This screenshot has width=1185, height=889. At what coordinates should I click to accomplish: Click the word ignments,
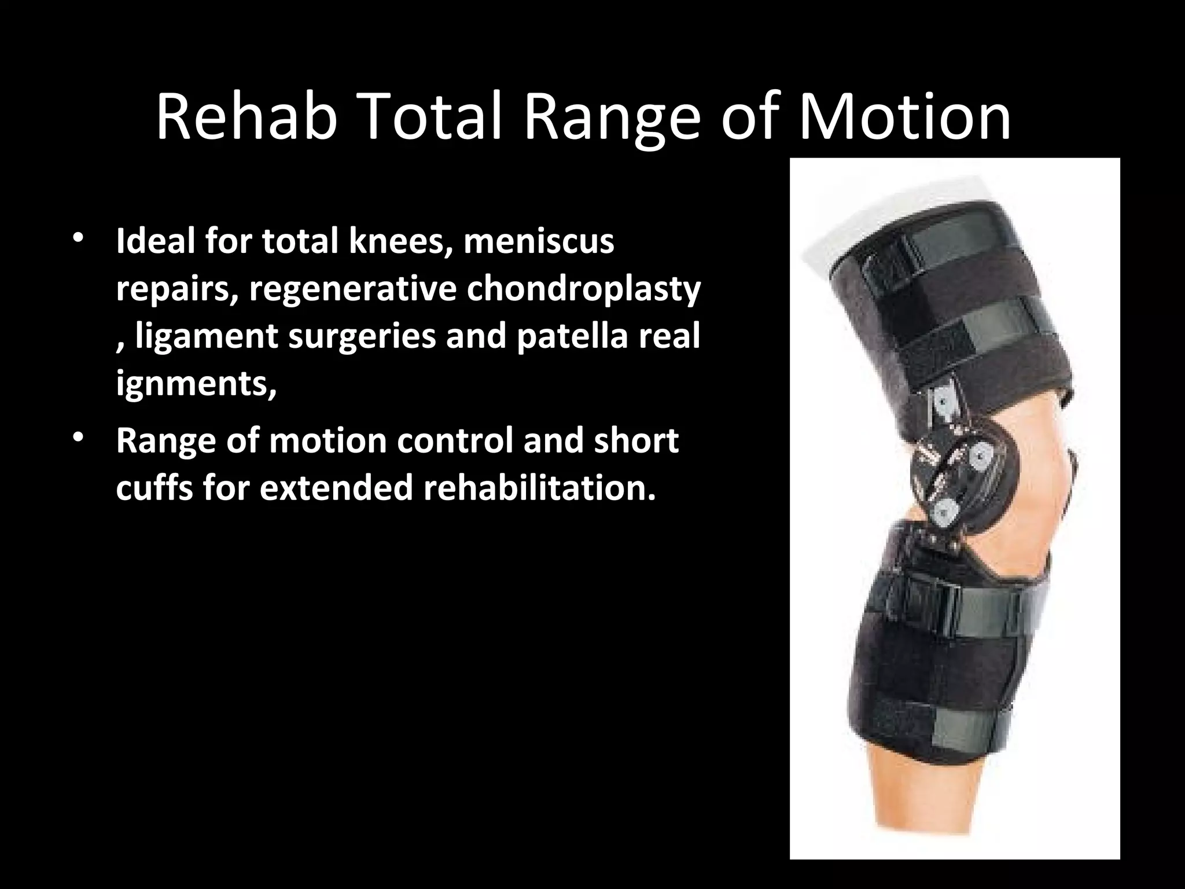pyautogui.click(x=196, y=384)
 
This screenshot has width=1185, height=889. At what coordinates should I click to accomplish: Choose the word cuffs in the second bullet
pyautogui.click(x=154, y=487)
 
